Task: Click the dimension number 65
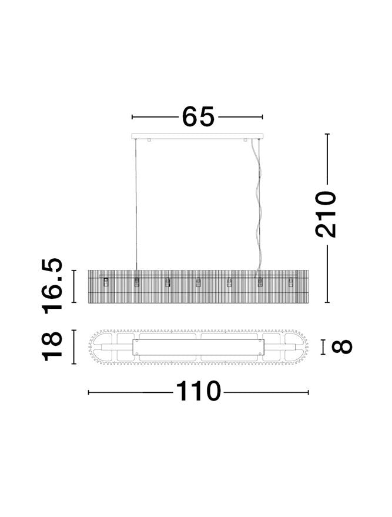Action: [198, 116]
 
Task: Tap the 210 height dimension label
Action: [326, 214]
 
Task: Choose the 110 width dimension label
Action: [197, 391]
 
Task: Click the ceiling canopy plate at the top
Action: [197, 136]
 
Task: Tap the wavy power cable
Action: [257, 206]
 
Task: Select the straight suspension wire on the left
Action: [136, 206]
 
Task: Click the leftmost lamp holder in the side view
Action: [106, 283]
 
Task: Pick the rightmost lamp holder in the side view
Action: [290, 283]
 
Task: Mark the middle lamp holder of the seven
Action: [198, 283]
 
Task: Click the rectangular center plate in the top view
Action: [198, 348]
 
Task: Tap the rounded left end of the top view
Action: [97, 348]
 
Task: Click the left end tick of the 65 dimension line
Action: [132, 117]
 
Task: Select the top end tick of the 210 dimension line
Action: [327, 134]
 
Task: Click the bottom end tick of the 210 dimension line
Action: [327, 302]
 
